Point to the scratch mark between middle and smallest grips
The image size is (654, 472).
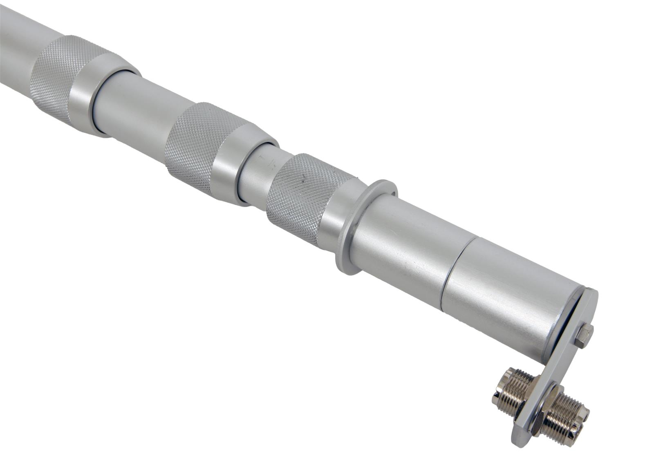point(268,163)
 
